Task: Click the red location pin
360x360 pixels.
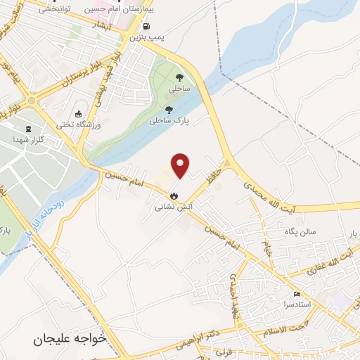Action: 181,165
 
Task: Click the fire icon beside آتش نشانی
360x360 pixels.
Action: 174,196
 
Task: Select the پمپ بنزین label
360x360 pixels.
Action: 148,35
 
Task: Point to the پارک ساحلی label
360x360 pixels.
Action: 169,120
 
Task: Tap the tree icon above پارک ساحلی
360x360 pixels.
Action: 169,108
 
